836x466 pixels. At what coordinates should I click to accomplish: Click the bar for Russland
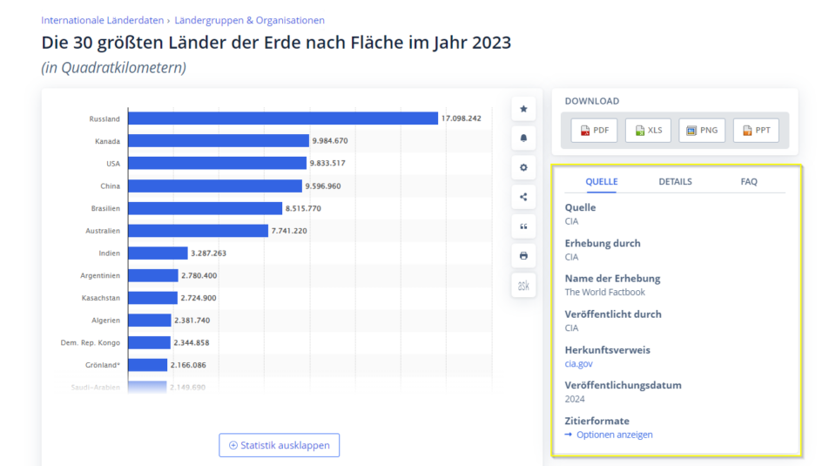pyautogui.click(x=283, y=118)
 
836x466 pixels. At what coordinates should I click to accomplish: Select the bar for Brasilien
pyautogui.click(x=206, y=208)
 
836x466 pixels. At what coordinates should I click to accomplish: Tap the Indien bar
pyautogui.click(x=158, y=253)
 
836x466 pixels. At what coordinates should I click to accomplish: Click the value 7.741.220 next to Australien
pyautogui.click(x=289, y=231)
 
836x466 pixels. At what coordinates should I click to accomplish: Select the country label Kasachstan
pyautogui.click(x=101, y=298)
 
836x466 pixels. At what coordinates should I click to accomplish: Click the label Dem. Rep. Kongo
pyautogui.click(x=91, y=342)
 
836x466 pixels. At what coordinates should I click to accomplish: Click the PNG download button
pyautogui.click(x=702, y=131)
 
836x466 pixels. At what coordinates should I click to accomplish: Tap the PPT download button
pyautogui.click(x=756, y=131)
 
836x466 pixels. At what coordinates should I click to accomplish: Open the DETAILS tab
pyautogui.click(x=675, y=182)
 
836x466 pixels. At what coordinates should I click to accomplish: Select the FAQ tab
pyautogui.click(x=749, y=182)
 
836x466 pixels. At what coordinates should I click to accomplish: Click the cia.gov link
pyautogui.click(x=578, y=364)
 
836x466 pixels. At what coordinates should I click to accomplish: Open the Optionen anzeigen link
pyautogui.click(x=614, y=435)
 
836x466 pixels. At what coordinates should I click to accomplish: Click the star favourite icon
pyautogui.click(x=523, y=109)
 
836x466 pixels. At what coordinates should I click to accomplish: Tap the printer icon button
pyautogui.click(x=523, y=256)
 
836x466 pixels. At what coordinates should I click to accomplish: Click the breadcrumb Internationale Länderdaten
pyautogui.click(x=101, y=20)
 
